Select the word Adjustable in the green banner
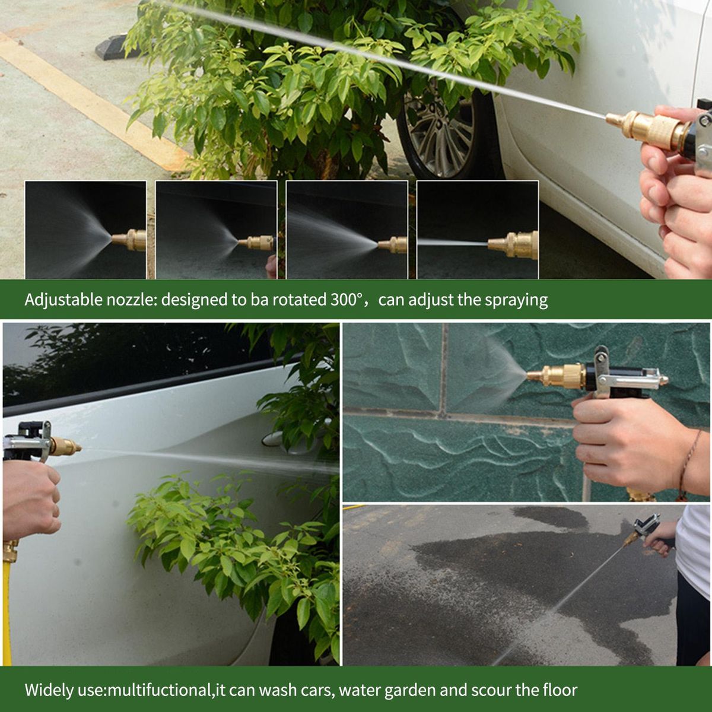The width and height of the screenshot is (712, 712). pyautogui.click(x=63, y=300)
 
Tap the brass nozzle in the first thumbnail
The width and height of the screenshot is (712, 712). pyautogui.click(x=129, y=240)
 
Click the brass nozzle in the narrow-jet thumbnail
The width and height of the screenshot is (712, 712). pyautogui.click(x=513, y=244)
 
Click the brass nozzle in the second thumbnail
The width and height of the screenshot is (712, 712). pyautogui.click(x=256, y=243)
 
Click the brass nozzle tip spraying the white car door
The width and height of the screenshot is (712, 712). pyautogui.click(x=66, y=446)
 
